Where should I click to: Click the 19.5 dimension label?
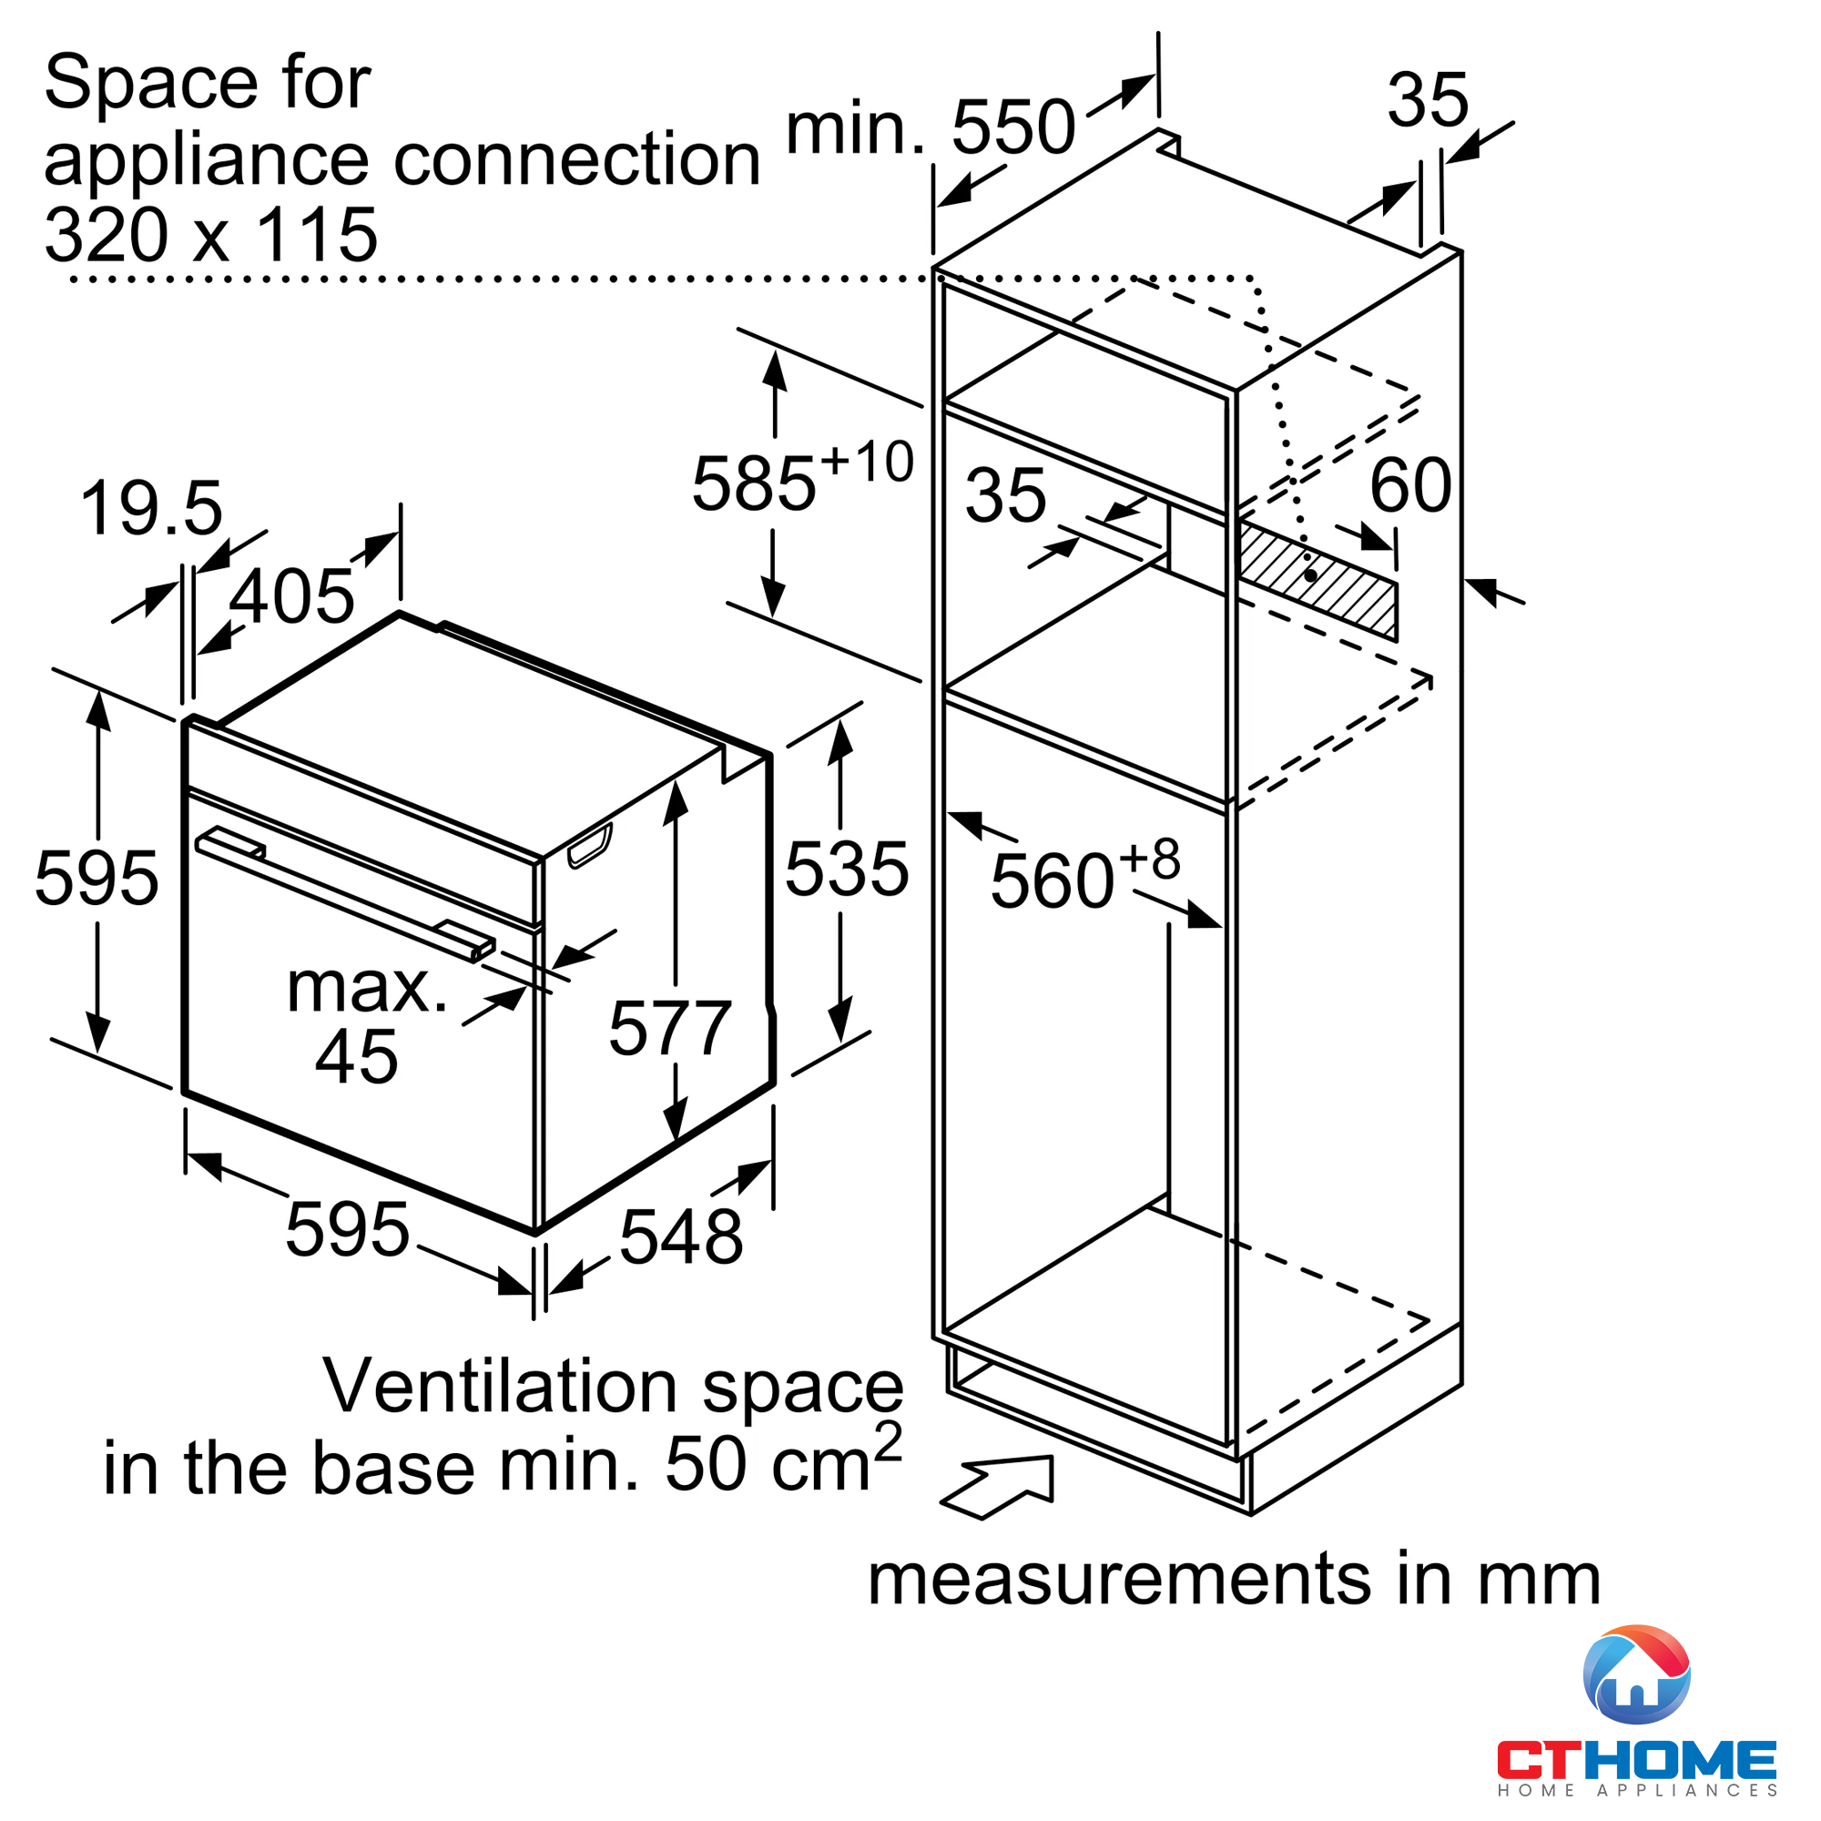(151, 509)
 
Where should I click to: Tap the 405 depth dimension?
(291, 595)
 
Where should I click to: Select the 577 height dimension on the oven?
(669, 1027)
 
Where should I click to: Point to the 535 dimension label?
(847, 869)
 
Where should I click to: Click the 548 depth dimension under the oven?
(680, 1236)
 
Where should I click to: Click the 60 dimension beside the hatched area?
(1410, 485)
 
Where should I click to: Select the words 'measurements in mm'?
(1234, 1579)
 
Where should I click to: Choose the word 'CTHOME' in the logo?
(1636, 1759)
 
